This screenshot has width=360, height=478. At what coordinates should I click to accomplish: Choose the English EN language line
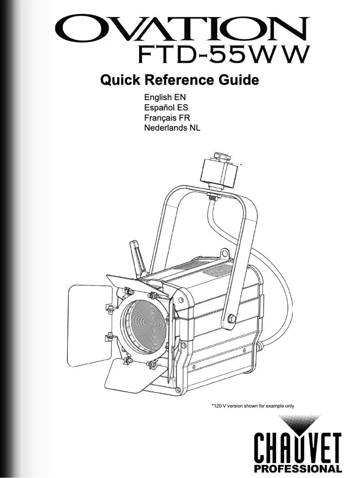(x=164, y=97)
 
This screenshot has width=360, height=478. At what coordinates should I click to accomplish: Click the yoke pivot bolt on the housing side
(x=232, y=318)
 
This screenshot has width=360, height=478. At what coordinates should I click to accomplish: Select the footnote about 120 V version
(x=252, y=406)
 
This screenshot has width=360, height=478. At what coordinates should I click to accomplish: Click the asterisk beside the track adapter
(x=241, y=165)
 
